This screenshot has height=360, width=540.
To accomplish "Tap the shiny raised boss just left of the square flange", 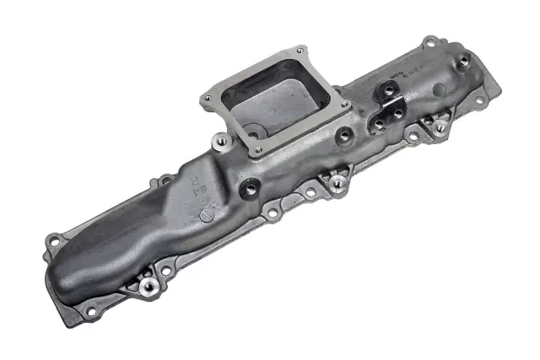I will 222,140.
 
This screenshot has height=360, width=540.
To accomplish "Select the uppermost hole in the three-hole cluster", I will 389,88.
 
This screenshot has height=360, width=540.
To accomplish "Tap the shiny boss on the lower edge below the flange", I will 337,181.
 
